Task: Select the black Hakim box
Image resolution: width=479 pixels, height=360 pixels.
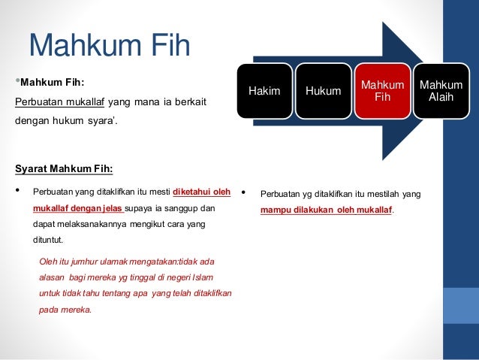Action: tap(264, 91)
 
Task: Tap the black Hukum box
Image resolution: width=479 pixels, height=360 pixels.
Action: tap(323, 91)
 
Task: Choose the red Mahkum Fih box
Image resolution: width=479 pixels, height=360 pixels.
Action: tap(382, 91)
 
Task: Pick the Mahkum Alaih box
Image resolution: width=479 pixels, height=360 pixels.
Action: tap(441, 91)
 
